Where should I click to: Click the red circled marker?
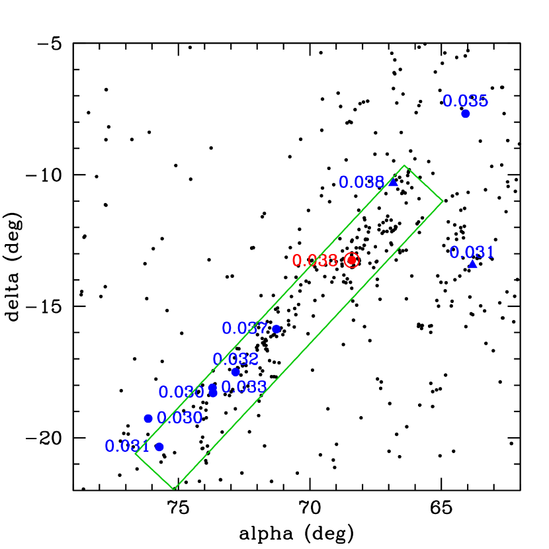pos(352,260)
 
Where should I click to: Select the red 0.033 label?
pos(315,261)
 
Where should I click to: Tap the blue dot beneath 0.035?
pos(466,114)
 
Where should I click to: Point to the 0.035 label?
pos(465,101)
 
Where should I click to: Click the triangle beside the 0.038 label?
pos(393,182)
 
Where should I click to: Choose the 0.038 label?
pos(361,182)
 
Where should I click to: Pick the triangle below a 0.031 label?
pos(472,264)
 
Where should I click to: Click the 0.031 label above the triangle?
pos(472,252)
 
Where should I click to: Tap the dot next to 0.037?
pos(276,329)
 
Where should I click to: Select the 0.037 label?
pos(245,328)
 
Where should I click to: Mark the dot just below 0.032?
pos(235,372)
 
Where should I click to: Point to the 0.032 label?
pos(235,359)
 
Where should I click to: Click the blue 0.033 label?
pos(244,387)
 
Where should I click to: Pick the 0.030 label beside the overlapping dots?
pos(181,392)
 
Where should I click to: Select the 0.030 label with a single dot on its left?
pos(179,418)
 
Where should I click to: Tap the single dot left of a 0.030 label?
pos(148,418)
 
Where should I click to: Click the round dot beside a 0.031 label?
pos(159,447)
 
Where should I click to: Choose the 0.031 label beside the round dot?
pos(127,446)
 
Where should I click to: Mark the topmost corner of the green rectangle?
pos(404,165)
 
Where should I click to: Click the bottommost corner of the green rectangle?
pos(174,489)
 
